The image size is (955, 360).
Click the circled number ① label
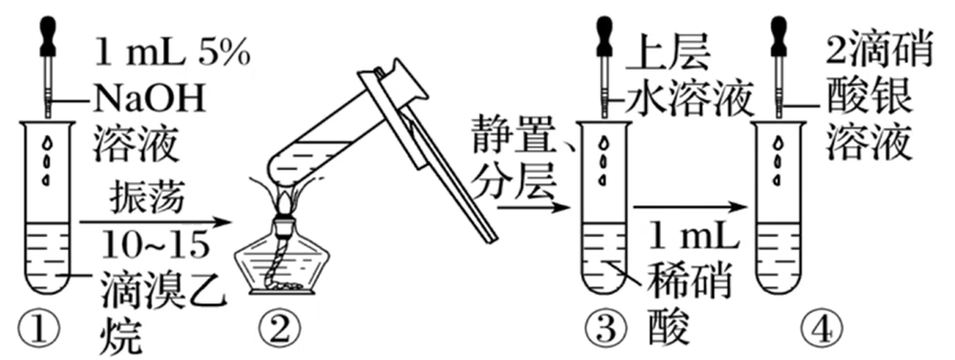click(x=46, y=330)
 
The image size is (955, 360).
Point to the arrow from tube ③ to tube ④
click(x=689, y=208)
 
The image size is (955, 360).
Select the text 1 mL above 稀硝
click(x=693, y=237)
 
